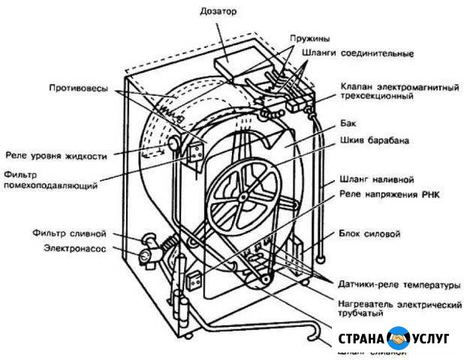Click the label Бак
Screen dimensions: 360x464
point(347,121)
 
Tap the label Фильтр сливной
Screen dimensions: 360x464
point(65,232)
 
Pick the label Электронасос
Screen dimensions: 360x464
point(74,247)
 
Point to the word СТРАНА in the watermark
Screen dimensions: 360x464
point(363,339)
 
